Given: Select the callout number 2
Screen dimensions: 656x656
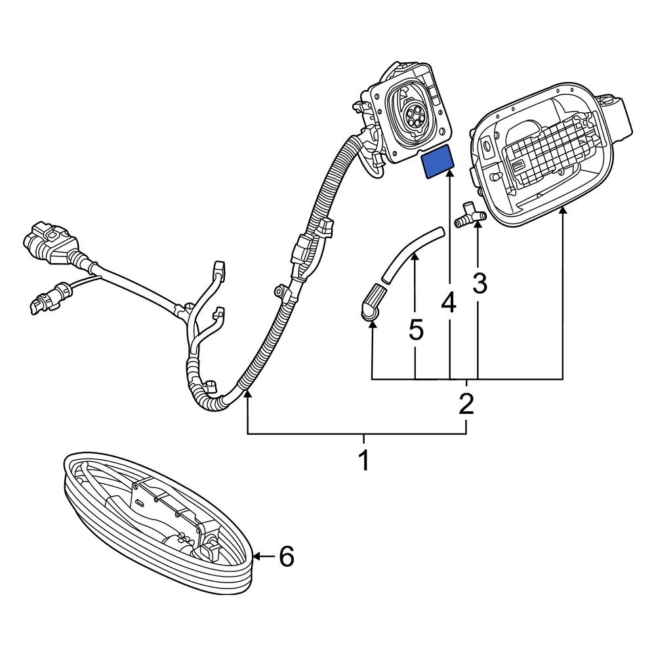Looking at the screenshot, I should click(466, 403).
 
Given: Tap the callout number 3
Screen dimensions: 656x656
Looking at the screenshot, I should click(480, 283).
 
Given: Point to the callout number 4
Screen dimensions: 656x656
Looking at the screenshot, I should click(449, 302).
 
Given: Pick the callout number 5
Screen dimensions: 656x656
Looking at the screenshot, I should click(416, 330).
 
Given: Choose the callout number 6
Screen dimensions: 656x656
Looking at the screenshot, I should click(287, 558).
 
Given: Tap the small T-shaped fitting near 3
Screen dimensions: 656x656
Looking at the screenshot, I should click(468, 216).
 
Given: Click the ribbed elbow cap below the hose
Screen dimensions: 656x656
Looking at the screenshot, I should click(371, 304).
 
